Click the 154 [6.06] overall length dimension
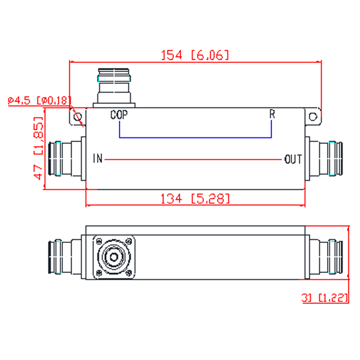click(x=195, y=55)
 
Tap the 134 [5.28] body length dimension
click(x=195, y=199)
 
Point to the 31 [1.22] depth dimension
click(x=325, y=298)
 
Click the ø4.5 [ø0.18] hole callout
click(x=39, y=100)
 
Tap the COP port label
click(x=119, y=115)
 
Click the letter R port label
click(x=272, y=114)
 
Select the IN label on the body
click(x=98, y=158)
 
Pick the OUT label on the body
click(x=293, y=159)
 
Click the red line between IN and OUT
click(x=193, y=159)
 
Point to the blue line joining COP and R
click(x=195, y=138)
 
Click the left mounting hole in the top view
click(x=78, y=117)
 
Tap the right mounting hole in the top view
click(x=313, y=117)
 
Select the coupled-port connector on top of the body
click(x=114, y=88)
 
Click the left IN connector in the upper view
click(x=67, y=159)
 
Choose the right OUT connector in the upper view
click(x=324, y=159)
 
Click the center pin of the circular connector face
click(x=114, y=257)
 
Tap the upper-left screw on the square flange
click(x=99, y=241)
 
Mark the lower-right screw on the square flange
click(x=129, y=273)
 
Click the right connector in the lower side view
click(x=324, y=257)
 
